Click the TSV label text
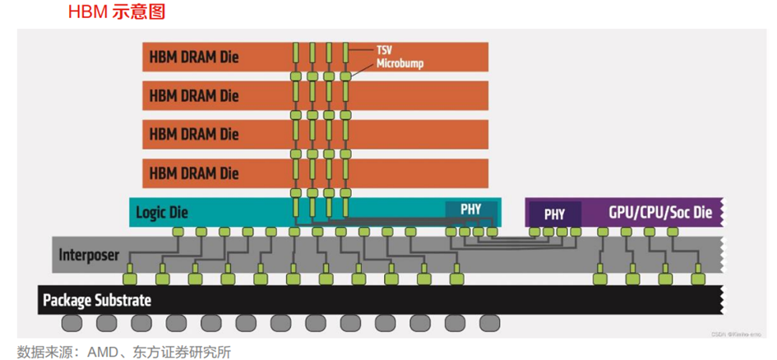[384, 50]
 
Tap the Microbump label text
[400, 63]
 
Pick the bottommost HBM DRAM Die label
[194, 173]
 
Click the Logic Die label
[162, 212]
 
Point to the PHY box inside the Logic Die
[470, 210]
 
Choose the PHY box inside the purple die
[554, 214]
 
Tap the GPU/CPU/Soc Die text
[660, 212]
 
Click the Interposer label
[89, 256]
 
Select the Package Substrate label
[97, 300]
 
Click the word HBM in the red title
[86, 13]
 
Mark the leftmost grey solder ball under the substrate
[72, 322]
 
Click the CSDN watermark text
[722, 335]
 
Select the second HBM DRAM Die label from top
[194, 95]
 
